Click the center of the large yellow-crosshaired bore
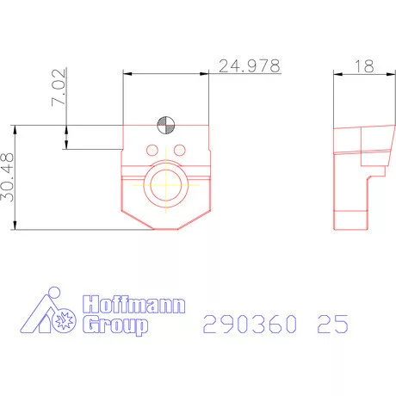(166, 183)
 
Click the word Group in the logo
(114, 325)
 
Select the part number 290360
(251, 325)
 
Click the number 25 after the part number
(331, 325)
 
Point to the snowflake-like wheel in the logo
(62, 319)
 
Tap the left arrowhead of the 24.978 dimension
(127, 72)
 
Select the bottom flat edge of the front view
(166, 228)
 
